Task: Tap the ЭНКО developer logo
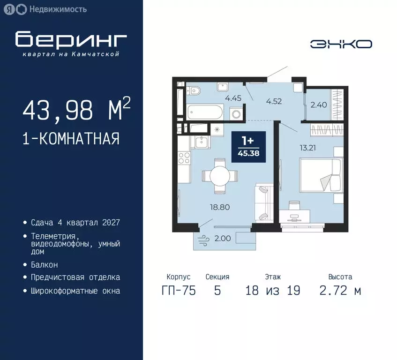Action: (341, 44)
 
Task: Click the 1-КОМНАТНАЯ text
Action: (71, 139)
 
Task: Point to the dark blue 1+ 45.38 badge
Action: (249, 147)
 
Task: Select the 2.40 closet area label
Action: (318, 105)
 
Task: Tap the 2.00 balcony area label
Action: (222, 239)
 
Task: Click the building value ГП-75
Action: (178, 291)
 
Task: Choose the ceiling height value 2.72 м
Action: (340, 291)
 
